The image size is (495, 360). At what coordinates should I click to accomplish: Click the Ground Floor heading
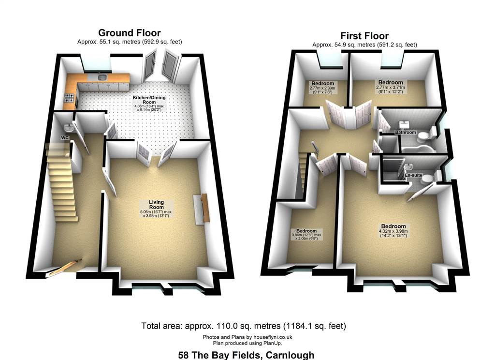130,33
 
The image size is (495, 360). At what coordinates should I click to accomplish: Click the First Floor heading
364,36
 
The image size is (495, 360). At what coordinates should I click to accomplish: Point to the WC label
65,138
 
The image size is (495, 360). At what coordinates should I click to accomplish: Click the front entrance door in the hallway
65,268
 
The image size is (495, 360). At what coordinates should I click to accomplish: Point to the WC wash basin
68,128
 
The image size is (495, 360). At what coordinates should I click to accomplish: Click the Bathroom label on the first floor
406,132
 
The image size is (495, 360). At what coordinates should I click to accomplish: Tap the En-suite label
414,175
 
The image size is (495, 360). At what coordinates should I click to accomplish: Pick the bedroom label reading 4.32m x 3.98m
393,231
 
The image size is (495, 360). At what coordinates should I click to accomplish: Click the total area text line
244,326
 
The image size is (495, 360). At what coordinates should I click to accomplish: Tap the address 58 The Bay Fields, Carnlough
246,355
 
